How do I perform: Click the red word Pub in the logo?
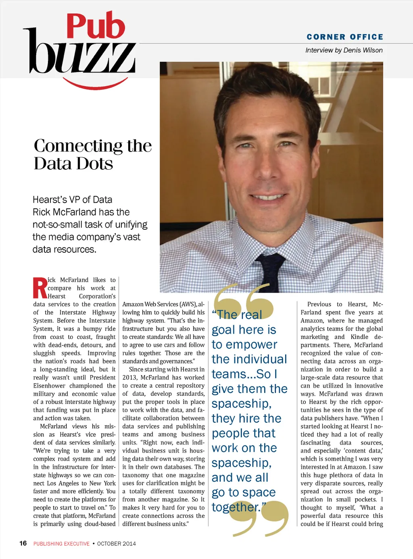coord(96,26)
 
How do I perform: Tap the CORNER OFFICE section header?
coord(344,37)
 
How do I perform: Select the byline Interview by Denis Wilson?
coord(344,50)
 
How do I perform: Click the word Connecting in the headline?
coord(78,146)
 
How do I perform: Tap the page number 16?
coord(23,543)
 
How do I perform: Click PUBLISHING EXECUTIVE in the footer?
coord(61,544)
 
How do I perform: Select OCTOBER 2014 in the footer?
coord(116,544)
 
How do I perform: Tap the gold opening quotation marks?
coord(243,300)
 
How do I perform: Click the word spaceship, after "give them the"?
coord(241,404)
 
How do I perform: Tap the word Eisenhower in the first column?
coord(49,386)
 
